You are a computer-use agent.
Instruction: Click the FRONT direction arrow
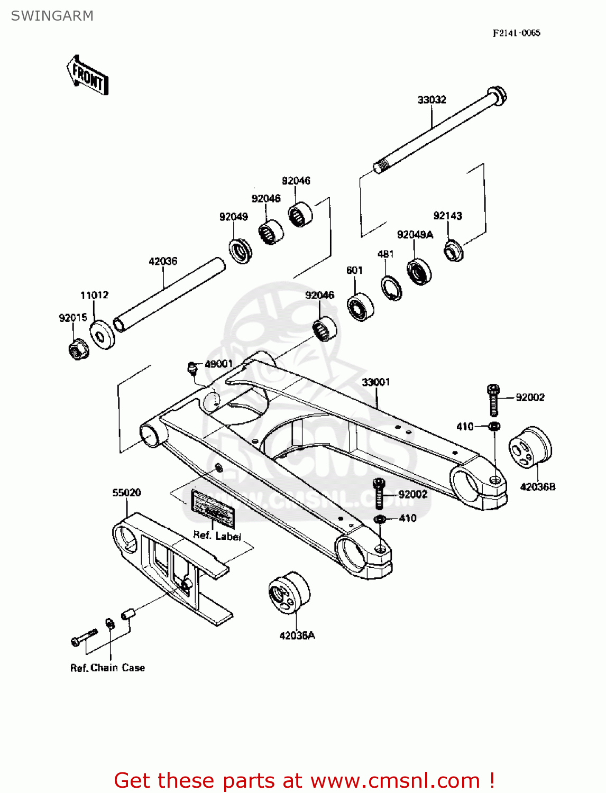coord(88,76)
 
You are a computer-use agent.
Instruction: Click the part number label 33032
coord(431,99)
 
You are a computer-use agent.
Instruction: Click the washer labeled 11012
coord(102,335)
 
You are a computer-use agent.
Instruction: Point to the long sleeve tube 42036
coord(169,294)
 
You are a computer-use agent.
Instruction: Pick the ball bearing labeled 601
coord(360,306)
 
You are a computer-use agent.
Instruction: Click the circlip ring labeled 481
coord(391,288)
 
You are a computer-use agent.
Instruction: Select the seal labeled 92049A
coord(419,271)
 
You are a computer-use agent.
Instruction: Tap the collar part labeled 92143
coord(453,251)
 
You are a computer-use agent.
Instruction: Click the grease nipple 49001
coord(192,367)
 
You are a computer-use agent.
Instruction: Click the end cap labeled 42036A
coord(289,592)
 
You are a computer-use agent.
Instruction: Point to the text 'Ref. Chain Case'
coord(107,668)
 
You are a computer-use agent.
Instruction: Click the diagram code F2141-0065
coord(516,33)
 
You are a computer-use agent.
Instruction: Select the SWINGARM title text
coord(52,16)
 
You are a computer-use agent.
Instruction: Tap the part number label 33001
coord(376,382)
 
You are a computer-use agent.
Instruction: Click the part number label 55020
coord(126,492)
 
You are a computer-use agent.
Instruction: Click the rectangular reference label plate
coord(213,509)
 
